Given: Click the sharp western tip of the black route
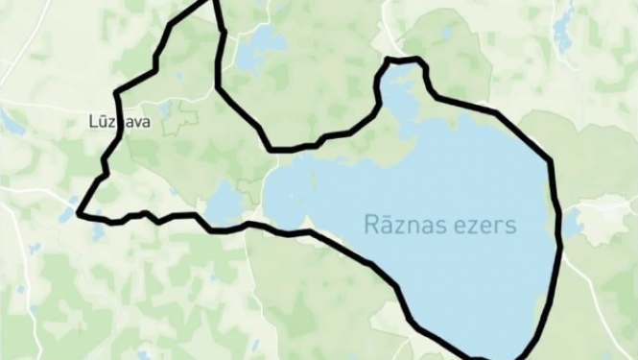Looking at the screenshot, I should (x=80, y=211).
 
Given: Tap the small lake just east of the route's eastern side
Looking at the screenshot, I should (x=572, y=224).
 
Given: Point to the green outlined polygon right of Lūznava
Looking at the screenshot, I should (x=181, y=118).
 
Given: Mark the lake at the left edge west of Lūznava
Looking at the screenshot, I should (x=12, y=121).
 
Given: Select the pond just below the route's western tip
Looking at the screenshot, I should (x=98, y=231).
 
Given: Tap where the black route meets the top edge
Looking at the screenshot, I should (x=212, y=3).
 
